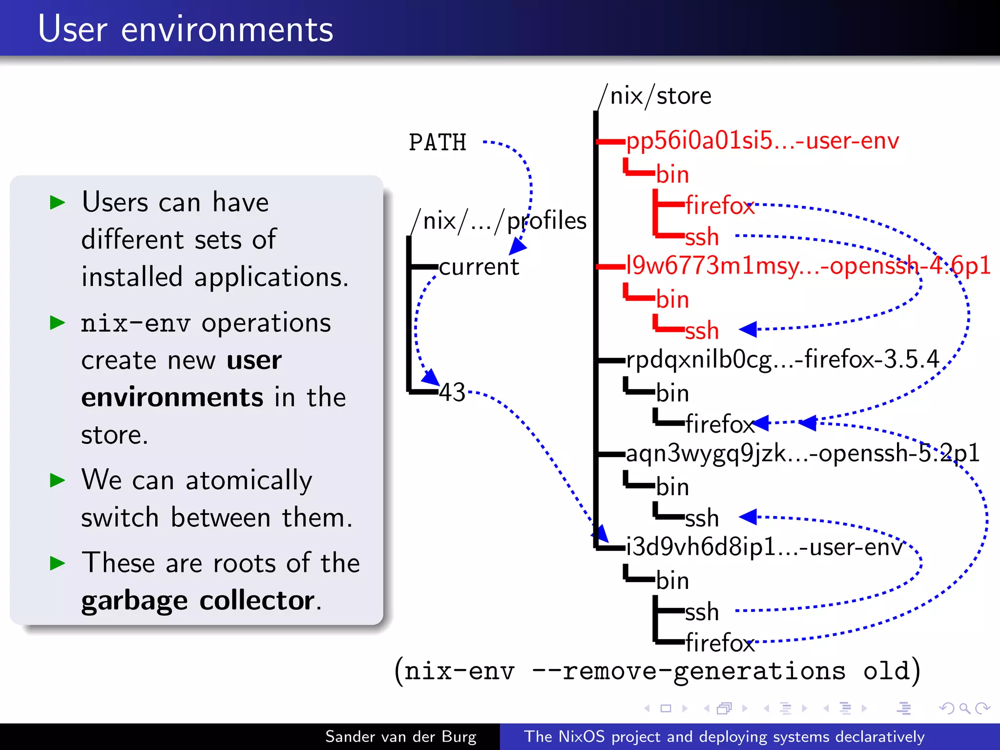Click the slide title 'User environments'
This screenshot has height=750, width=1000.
pyautogui.click(x=186, y=29)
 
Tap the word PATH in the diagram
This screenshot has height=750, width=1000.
pyautogui.click(x=437, y=143)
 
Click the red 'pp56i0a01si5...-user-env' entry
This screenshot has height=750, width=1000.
pyautogui.click(x=762, y=141)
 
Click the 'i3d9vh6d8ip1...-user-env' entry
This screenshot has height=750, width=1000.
pyautogui.click(x=764, y=547)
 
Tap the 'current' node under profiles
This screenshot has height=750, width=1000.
pyautogui.click(x=479, y=267)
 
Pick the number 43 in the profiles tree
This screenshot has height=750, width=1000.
pyautogui.click(x=452, y=392)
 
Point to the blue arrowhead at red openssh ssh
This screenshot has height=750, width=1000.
pyautogui.click(x=748, y=329)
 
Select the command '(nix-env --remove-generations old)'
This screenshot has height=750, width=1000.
pyautogui.click(x=657, y=671)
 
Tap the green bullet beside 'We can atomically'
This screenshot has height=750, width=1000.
pyautogui.click(x=58, y=480)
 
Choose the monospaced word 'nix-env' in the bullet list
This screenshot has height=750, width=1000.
pyautogui.click(x=135, y=323)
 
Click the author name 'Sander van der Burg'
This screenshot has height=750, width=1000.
pyautogui.click(x=400, y=736)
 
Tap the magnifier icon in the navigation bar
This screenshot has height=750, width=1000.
pyautogui.click(x=964, y=708)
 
